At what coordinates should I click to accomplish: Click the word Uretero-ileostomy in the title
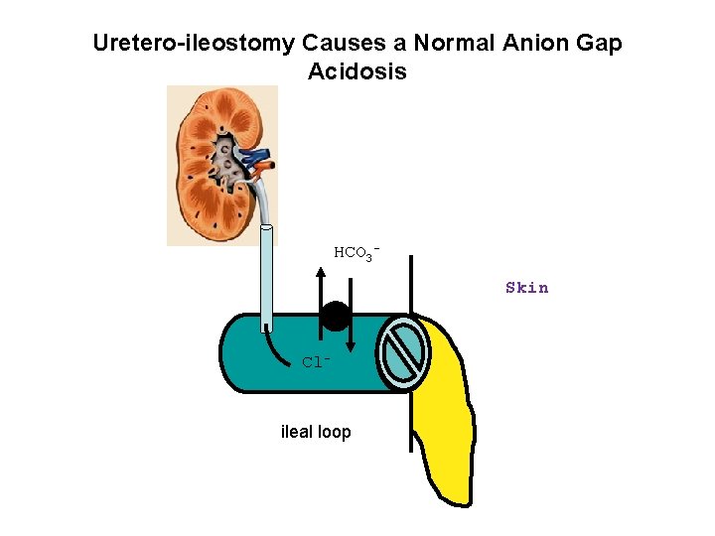[x=194, y=44]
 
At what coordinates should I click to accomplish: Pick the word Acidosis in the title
[x=357, y=72]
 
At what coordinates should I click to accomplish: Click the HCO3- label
[x=357, y=253]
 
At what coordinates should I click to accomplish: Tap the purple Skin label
[x=526, y=288]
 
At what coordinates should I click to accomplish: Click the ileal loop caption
[x=316, y=432]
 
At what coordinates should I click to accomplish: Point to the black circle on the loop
[x=336, y=316]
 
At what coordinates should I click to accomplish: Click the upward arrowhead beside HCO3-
[x=320, y=271]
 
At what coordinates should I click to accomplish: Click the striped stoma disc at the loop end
[x=403, y=353]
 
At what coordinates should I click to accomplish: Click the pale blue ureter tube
[x=266, y=278]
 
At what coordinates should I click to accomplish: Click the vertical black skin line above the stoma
[x=410, y=283]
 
